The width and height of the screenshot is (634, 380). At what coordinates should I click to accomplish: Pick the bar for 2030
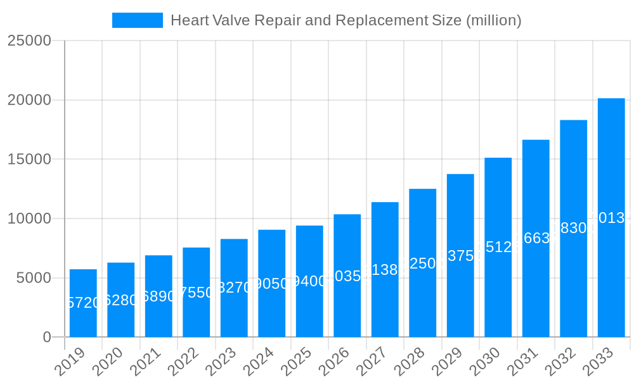(x=498, y=247)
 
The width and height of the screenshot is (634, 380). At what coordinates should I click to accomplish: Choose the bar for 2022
(x=197, y=292)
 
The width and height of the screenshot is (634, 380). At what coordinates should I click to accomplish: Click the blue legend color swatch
(x=138, y=20)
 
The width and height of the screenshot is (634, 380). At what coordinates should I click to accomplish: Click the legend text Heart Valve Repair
(x=346, y=20)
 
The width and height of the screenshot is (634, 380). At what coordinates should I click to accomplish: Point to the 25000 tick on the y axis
(x=29, y=41)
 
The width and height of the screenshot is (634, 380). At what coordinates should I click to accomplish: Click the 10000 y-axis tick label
(x=29, y=218)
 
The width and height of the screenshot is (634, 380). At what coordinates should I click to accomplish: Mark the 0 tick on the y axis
(x=47, y=338)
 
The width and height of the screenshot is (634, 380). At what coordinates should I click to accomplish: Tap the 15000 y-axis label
(x=29, y=159)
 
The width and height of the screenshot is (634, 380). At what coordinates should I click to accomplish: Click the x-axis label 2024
(x=258, y=362)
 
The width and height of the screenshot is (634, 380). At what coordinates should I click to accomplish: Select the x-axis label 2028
(x=409, y=362)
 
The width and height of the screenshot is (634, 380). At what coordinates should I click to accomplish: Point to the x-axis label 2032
(x=560, y=362)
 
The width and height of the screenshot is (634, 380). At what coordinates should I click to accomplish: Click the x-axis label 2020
(x=107, y=362)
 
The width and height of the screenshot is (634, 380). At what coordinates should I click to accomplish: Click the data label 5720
(x=83, y=303)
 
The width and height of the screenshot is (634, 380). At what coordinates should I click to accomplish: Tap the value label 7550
(x=197, y=293)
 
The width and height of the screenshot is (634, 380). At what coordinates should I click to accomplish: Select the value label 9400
(x=309, y=281)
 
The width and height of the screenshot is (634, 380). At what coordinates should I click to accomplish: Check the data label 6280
(x=120, y=300)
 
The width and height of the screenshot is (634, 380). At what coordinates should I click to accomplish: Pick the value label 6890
(x=158, y=296)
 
